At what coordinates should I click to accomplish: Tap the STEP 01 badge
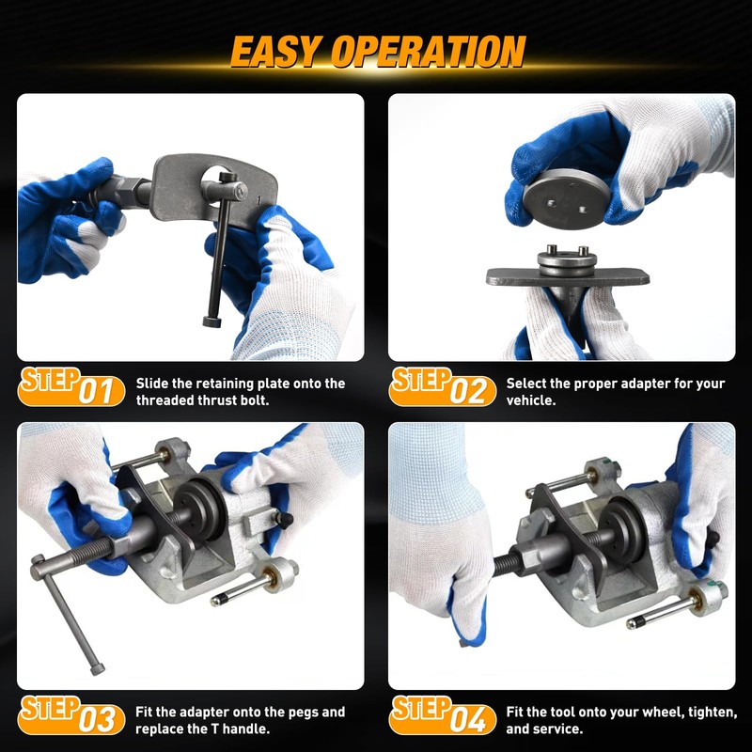coord(70,386)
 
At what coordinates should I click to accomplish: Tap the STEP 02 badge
coord(442,386)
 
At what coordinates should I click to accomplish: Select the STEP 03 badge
coord(70,715)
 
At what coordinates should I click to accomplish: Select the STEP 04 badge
coord(442,715)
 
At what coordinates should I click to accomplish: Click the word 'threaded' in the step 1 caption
coord(166,399)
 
